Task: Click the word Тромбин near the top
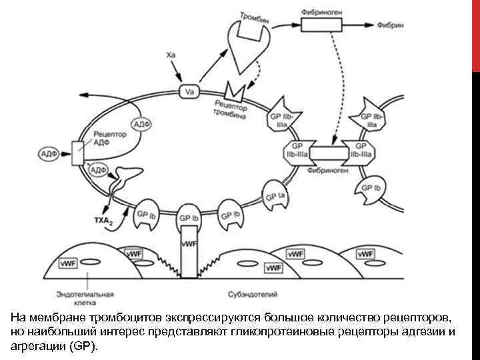click(x=256, y=17)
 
